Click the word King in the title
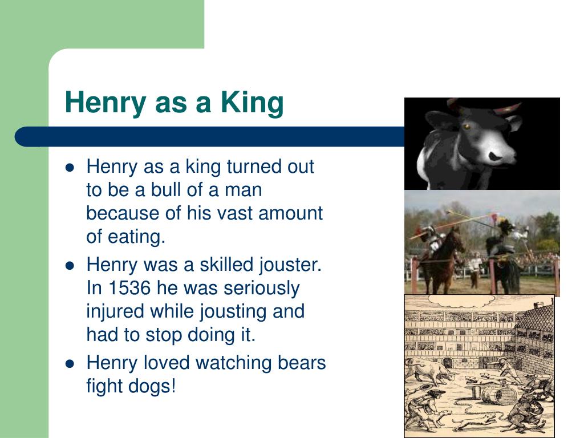252,103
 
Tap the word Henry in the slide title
106,103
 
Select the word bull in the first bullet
166,189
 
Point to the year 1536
129,288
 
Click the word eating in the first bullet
137,237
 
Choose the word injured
115,312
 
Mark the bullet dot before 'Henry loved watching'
70,364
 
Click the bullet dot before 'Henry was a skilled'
70,266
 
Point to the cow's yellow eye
467,127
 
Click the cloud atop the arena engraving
461,300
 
